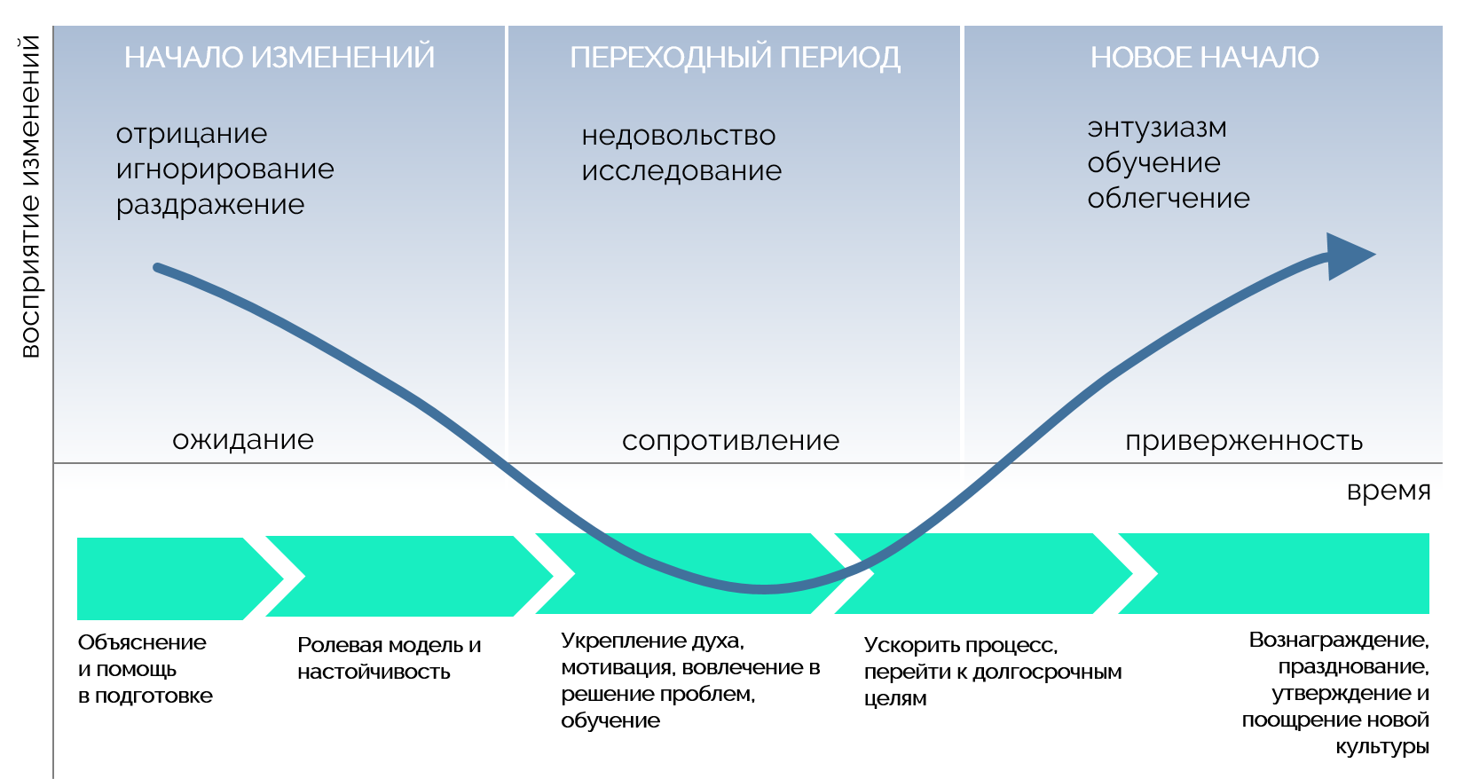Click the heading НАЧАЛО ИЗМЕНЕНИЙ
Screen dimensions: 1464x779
[x=279, y=58]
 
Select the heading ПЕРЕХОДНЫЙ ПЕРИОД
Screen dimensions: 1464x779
[x=735, y=58]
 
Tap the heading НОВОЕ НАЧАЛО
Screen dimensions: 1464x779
[x=1204, y=58]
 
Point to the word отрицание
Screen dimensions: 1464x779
[x=192, y=134]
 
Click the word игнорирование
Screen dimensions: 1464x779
[x=225, y=169]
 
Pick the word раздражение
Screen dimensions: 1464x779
[x=210, y=205]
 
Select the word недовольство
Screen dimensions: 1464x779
[x=679, y=136]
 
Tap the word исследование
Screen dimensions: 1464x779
[x=681, y=171]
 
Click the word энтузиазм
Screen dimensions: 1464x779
[x=1157, y=128]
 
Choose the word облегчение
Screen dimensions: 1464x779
[x=1169, y=199]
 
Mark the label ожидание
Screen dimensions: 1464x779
[x=243, y=440]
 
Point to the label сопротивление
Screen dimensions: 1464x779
[x=730, y=441]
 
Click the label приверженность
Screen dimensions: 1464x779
[x=1244, y=441]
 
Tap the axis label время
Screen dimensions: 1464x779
[x=1389, y=491]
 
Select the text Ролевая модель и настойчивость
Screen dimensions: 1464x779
[x=389, y=658]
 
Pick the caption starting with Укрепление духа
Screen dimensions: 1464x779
[x=689, y=681]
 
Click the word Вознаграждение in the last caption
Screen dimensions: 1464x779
[x=1338, y=640]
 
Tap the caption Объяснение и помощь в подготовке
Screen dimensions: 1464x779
[x=145, y=669]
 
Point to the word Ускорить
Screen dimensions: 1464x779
[x=912, y=646]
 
